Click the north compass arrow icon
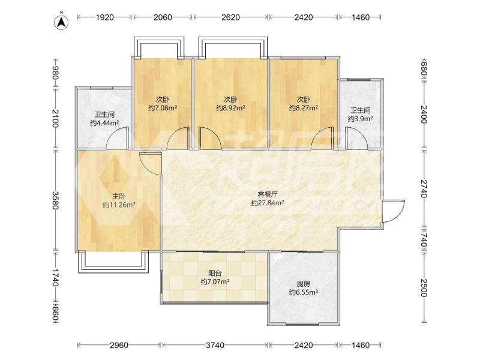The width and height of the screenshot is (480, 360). click(x=61, y=22)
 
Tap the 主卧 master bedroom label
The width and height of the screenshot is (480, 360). click(x=119, y=196)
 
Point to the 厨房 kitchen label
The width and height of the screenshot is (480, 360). click(x=304, y=284)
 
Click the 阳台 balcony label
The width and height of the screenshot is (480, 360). click(x=215, y=273)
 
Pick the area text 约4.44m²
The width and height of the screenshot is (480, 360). click(x=104, y=123)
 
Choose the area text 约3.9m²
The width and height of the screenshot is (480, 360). click(x=360, y=119)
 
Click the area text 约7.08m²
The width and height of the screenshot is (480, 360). click(x=163, y=108)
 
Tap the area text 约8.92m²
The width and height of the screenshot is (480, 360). click(x=230, y=108)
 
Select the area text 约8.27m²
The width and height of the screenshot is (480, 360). click(x=304, y=108)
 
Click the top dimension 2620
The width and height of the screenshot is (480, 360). click(x=230, y=17)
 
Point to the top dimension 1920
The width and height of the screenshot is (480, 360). click(x=104, y=17)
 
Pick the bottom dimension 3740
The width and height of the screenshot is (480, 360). click(x=215, y=346)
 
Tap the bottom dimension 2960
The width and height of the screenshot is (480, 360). click(x=119, y=346)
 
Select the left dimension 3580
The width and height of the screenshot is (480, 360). click(x=55, y=200)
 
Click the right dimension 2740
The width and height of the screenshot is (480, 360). click(x=424, y=188)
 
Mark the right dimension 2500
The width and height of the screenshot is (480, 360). click(x=424, y=288)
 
